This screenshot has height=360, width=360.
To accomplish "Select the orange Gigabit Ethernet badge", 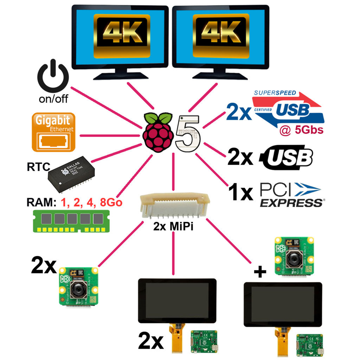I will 53,132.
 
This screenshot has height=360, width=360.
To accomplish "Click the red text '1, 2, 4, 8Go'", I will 91,203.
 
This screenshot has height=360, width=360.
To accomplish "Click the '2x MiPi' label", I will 174,226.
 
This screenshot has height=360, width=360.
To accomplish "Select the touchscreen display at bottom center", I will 177,300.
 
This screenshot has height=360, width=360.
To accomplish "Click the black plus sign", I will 259,272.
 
